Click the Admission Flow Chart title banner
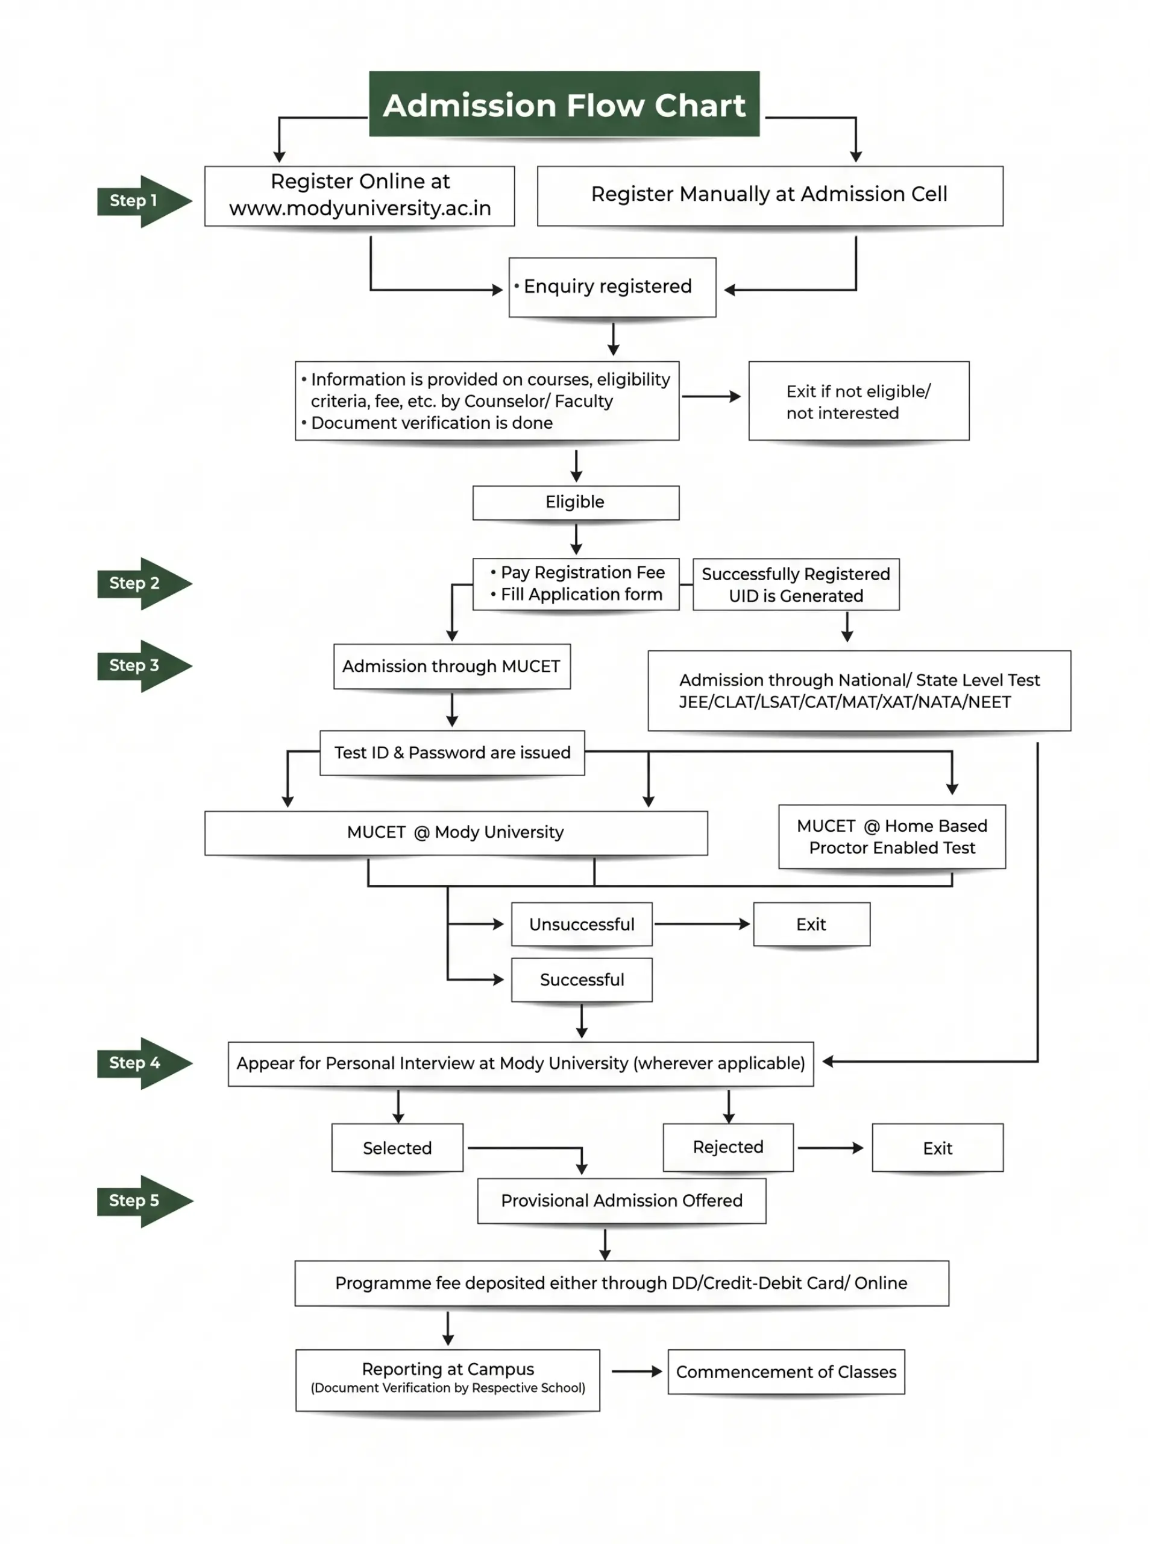564,104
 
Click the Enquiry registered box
612,287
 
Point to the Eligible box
576,502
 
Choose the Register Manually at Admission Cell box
770,195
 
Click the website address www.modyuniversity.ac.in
360,208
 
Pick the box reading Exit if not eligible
858,400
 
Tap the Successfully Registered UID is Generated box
796,584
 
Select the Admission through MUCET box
452,666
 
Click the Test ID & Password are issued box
452,753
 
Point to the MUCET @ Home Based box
892,837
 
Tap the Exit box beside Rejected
937,1148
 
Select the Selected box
397,1148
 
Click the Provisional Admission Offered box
621,1201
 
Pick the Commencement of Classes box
786,1372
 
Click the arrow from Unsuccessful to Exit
702,924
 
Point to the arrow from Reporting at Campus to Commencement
637,1372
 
